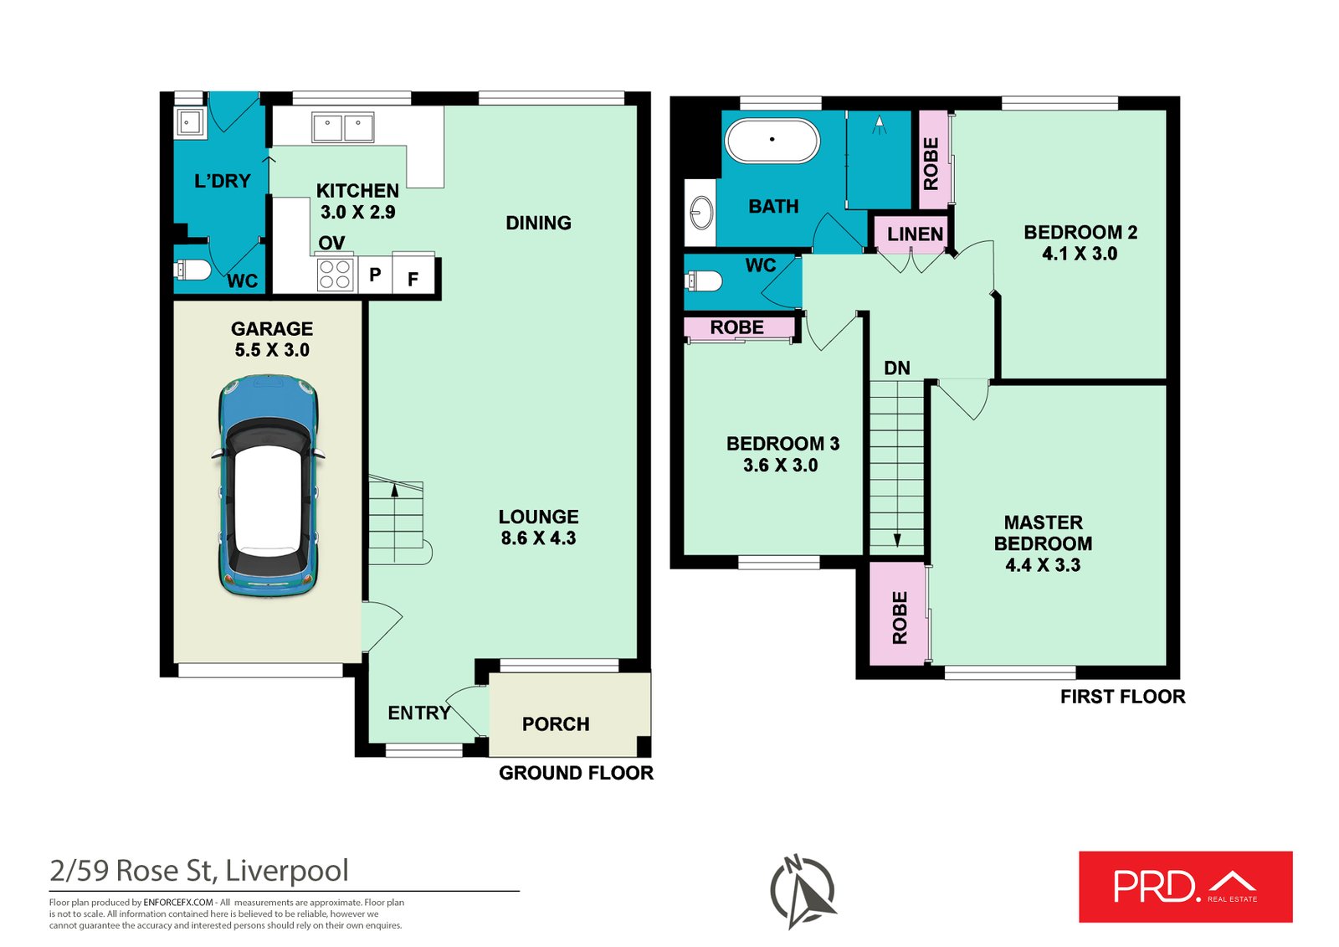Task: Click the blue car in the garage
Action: [x=268, y=486]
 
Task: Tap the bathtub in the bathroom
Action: [x=772, y=140]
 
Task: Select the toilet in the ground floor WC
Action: [x=192, y=270]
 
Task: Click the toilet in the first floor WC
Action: [x=704, y=280]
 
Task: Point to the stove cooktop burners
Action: [x=335, y=274]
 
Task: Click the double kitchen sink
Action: [x=342, y=128]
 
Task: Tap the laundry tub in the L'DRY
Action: [x=188, y=122]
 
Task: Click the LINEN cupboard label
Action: [x=915, y=234]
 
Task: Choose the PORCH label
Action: [x=556, y=724]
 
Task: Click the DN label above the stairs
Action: [x=896, y=368]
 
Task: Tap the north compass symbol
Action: [x=803, y=891]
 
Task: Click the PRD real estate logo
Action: [x=1185, y=887]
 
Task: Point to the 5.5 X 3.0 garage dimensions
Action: [x=272, y=351]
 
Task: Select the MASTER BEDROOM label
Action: [x=1043, y=533]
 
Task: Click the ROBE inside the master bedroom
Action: [x=900, y=617]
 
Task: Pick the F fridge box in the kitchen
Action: [x=413, y=279]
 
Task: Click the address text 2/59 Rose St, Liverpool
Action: [x=199, y=871]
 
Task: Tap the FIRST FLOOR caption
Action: [x=1122, y=697]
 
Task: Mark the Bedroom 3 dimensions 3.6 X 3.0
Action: [x=780, y=466]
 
